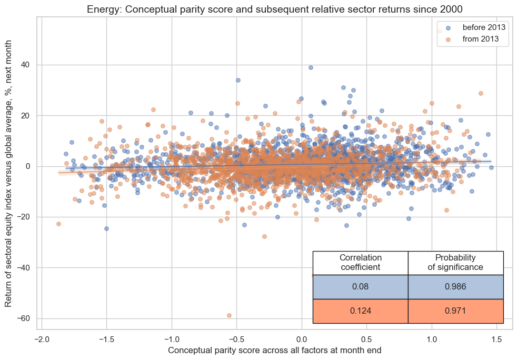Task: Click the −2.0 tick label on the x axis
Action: coord(41,338)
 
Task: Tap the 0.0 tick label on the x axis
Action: coord(301,338)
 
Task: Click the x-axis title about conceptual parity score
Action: coord(274,350)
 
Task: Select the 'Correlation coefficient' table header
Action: coord(361,263)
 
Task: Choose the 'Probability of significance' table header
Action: coord(455,263)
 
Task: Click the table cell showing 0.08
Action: coord(361,287)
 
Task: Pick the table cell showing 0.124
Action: coord(361,311)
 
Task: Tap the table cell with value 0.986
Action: coord(455,287)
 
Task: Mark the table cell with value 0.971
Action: coord(455,311)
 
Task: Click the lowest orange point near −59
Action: coord(229,315)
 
